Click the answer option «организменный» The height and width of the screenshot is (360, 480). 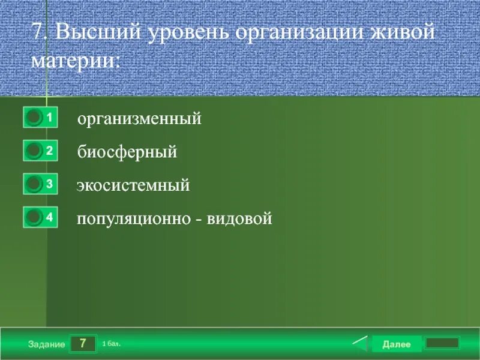(139, 119)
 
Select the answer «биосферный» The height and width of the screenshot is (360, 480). (127, 152)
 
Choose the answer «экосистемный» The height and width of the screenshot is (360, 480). (133, 185)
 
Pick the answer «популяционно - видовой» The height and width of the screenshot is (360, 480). (174, 218)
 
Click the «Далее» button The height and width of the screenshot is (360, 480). (396, 344)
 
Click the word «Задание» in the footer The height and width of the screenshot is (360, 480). (46, 344)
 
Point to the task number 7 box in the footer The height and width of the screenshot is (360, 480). (83, 344)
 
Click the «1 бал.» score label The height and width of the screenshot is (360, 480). (112, 344)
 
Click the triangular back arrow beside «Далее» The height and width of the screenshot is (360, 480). (359, 344)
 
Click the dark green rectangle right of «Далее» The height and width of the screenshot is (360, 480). (442, 343)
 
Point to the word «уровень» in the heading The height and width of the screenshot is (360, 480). (186, 32)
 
